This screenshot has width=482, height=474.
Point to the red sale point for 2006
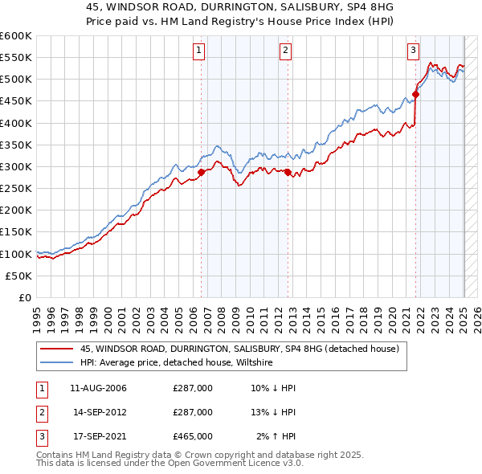click(201, 172)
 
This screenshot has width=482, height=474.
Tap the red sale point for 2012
click(288, 172)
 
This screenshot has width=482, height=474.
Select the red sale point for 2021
click(415, 94)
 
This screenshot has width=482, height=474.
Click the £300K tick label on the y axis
click(16, 166)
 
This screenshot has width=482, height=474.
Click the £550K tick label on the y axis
click(16, 58)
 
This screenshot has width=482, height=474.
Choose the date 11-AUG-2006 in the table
click(99, 388)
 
